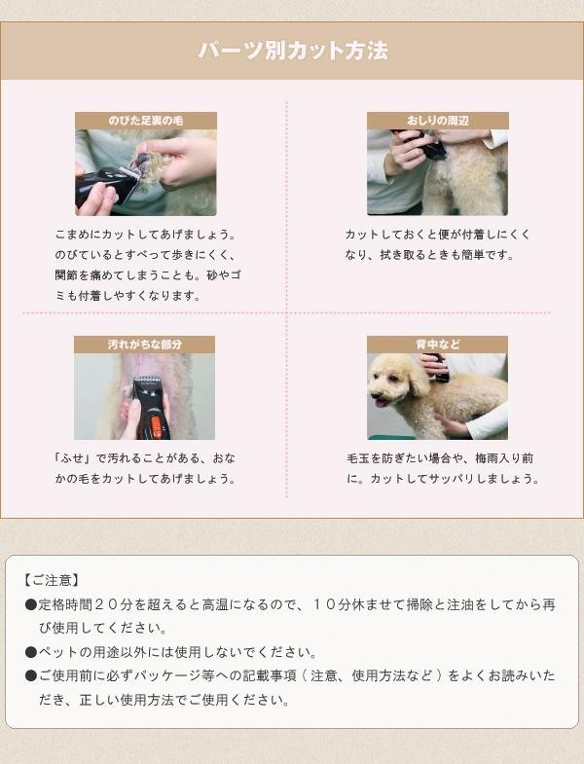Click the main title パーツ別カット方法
tap(293, 51)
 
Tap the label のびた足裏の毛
tap(146, 121)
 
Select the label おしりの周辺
tap(437, 121)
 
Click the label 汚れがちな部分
tap(145, 345)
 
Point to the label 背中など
tap(437, 345)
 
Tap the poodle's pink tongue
tap(381, 403)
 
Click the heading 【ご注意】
tap(51, 580)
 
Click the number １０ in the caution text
tap(324, 604)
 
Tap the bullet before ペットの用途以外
tap(31, 652)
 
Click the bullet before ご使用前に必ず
tap(31, 675)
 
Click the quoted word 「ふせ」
tap(73, 458)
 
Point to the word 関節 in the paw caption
tap(66, 275)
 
